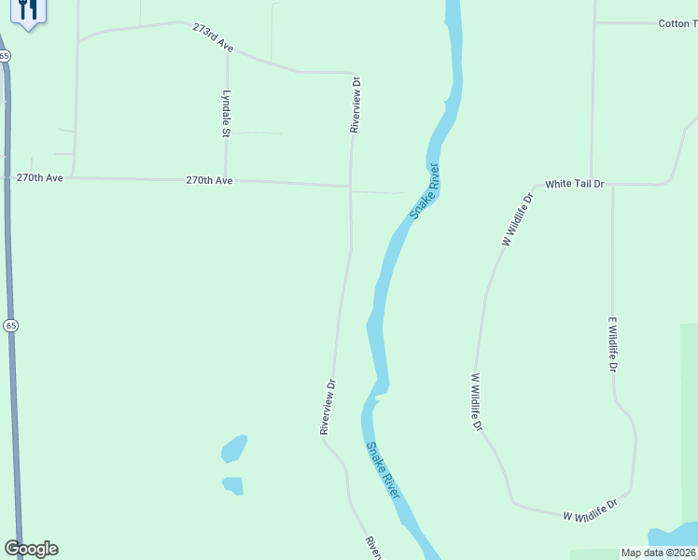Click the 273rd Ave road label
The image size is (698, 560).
click(x=212, y=36)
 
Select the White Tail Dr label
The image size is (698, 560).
click(x=575, y=184)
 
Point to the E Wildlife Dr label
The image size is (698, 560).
click(x=613, y=345)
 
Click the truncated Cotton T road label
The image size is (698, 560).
click(x=677, y=23)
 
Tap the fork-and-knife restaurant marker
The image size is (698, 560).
click(x=29, y=11)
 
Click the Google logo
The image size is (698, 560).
click(x=31, y=549)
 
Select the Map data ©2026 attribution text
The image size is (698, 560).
click(x=659, y=553)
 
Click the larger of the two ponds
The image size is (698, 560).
click(x=234, y=449)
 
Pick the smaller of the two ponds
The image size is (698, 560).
click(x=233, y=485)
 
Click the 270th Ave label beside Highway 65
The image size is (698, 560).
click(x=40, y=176)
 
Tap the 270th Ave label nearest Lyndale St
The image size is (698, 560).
click(x=209, y=180)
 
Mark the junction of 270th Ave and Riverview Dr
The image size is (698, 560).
click(x=351, y=186)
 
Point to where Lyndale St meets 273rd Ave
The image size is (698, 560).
click(x=227, y=52)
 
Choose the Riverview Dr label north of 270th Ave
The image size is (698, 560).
click(x=355, y=105)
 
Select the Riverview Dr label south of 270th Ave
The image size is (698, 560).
click(x=328, y=407)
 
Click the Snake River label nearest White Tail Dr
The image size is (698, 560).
click(x=424, y=192)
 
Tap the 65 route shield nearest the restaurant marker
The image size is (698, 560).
click(x=6, y=56)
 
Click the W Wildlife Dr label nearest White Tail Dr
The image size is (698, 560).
click(x=519, y=219)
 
